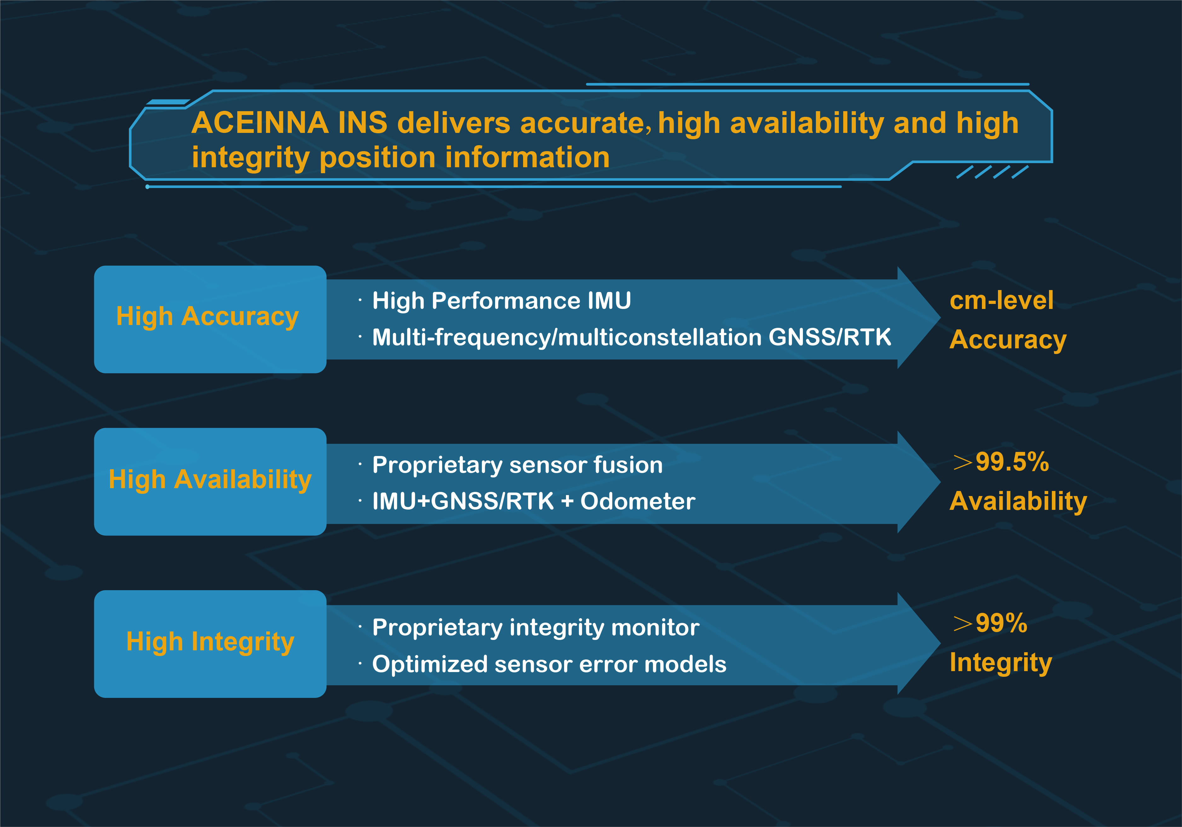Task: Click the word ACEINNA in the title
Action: click(260, 123)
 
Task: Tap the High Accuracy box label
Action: click(207, 317)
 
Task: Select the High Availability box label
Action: click(210, 480)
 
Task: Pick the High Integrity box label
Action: click(210, 642)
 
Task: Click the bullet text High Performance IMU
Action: click(501, 300)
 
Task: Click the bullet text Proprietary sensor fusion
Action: click(517, 465)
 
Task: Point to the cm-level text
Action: click(1001, 300)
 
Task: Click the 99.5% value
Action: click(1012, 462)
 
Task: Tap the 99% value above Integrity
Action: click(1001, 623)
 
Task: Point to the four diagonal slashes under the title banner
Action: click(992, 172)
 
